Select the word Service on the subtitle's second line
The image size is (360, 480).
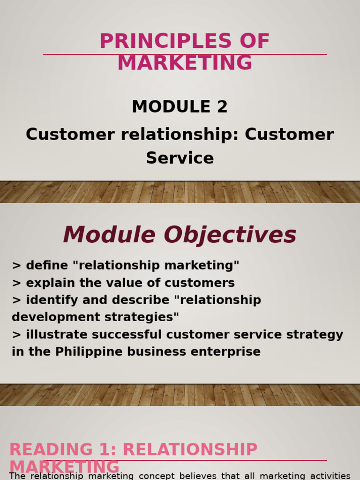tap(180, 158)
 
